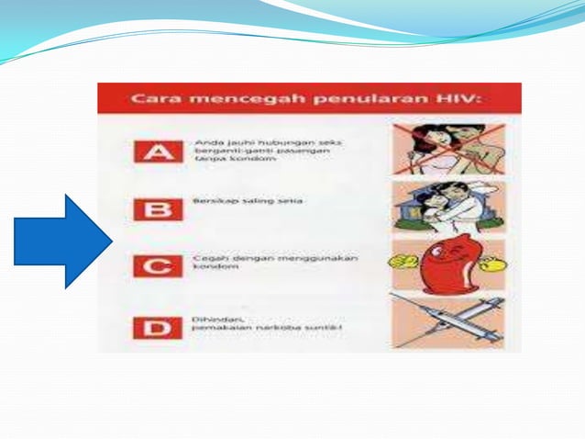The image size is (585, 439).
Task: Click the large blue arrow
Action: [62, 242]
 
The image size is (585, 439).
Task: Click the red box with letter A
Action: [152, 152]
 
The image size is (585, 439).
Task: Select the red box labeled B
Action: [152, 208]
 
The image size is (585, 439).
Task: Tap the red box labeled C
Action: [152, 266]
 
